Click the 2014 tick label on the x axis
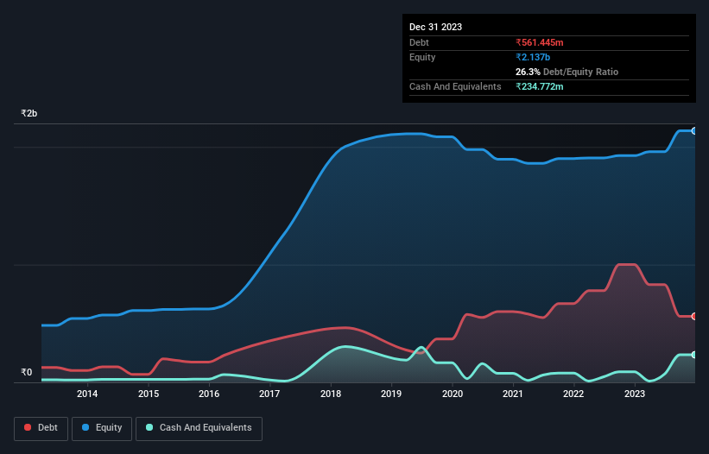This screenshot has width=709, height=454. pyautogui.click(x=86, y=394)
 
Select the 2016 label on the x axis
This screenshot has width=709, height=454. pyautogui.click(x=209, y=394)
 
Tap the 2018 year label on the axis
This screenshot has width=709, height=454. pyautogui.click(x=330, y=394)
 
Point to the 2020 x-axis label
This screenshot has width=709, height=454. pyautogui.click(x=452, y=394)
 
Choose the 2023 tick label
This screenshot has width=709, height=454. pyautogui.click(x=634, y=394)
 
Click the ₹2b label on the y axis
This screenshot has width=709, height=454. pyautogui.click(x=29, y=114)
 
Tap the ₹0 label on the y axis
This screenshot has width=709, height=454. pyautogui.click(x=26, y=373)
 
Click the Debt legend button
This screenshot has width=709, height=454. pyautogui.click(x=40, y=428)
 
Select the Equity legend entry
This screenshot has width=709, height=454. pyautogui.click(x=102, y=428)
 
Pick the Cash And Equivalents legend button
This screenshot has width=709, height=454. pyautogui.click(x=199, y=428)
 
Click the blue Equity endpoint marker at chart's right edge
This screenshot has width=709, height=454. pyautogui.click(x=693, y=130)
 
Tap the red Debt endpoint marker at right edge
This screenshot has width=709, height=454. pyautogui.click(x=693, y=316)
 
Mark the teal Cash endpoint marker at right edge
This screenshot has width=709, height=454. pyautogui.click(x=693, y=355)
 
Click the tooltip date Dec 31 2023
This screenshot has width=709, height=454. pyautogui.click(x=435, y=27)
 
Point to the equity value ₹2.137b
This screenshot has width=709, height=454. pyautogui.click(x=533, y=57)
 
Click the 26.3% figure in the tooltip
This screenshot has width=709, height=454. pyautogui.click(x=528, y=72)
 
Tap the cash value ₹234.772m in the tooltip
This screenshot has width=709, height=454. pyautogui.click(x=545, y=86)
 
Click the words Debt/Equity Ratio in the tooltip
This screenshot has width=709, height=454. pyautogui.click(x=580, y=72)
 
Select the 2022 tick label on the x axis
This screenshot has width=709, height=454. pyautogui.click(x=573, y=394)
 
